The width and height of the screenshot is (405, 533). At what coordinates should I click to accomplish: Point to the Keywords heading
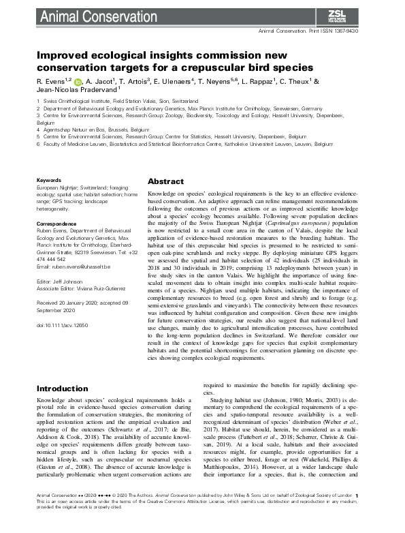pyautogui.click(x=52, y=180)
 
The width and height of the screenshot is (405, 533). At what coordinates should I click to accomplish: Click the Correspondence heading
pyautogui.click(x=61, y=223)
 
